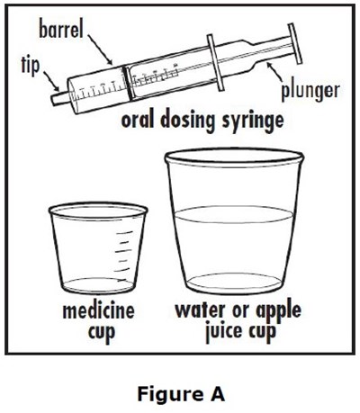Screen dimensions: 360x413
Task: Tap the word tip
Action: pyautogui.click(x=31, y=66)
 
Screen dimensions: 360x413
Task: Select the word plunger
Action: pyautogui.click(x=310, y=91)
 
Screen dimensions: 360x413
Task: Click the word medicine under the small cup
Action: pyautogui.click(x=98, y=311)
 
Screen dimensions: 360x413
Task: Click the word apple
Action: pyautogui.click(x=278, y=311)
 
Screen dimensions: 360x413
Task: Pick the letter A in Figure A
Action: pyautogui.click(x=216, y=394)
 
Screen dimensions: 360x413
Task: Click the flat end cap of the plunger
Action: pyautogui.click(x=294, y=44)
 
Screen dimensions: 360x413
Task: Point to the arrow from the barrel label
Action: pyautogui.click(x=100, y=49)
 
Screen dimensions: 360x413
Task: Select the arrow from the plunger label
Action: pyautogui.click(x=275, y=71)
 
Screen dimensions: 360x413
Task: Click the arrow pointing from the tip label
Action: pyautogui.click(x=51, y=81)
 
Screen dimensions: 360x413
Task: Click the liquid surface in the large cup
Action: pyautogui.click(x=233, y=215)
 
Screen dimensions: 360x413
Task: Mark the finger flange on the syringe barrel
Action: pyautogui.click(x=215, y=62)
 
